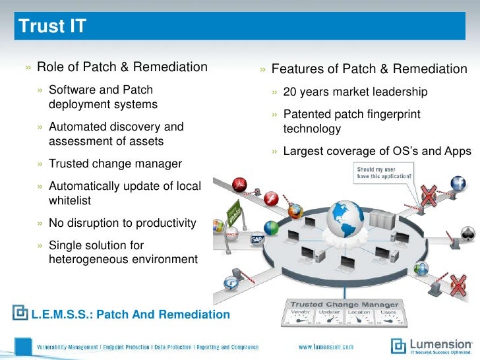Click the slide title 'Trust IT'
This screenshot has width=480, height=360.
[52, 27]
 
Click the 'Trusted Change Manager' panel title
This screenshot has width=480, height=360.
[345, 304]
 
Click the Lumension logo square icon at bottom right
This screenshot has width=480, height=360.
[399, 345]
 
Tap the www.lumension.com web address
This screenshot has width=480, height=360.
[326, 347]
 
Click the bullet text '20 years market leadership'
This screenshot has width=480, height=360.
[355, 92]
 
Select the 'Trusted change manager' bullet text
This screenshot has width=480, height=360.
[115, 164]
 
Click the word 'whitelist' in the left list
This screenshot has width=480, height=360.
[70, 200]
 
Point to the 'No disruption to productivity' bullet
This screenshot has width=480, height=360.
[122, 223]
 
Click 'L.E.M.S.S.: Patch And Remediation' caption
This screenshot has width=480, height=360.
[130, 315]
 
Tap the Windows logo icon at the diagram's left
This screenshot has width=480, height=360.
[217, 226]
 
